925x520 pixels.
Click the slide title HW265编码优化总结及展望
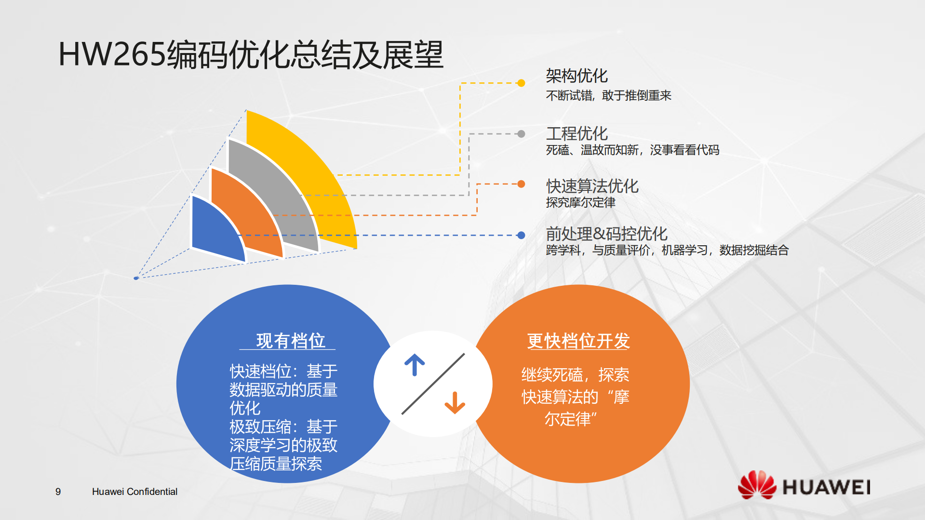pyautogui.click(x=251, y=54)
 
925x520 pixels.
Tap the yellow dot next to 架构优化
pyautogui.click(x=521, y=83)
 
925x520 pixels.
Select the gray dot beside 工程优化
pyautogui.click(x=521, y=134)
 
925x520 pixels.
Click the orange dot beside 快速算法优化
pyautogui.click(x=521, y=184)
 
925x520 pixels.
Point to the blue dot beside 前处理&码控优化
pyautogui.click(x=521, y=235)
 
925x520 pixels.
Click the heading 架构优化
pyautogui.click(x=576, y=76)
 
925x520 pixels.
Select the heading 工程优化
pyautogui.click(x=576, y=133)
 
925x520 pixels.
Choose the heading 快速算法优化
pyautogui.click(x=592, y=186)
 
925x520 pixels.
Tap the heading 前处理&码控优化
pyautogui.click(x=606, y=234)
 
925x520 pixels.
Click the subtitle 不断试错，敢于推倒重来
pyautogui.click(x=608, y=95)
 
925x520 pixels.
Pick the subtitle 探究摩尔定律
pyautogui.click(x=580, y=202)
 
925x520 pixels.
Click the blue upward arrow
pyautogui.click(x=415, y=365)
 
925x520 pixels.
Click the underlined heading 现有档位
pyautogui.click(x=290, y=341)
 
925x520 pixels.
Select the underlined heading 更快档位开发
pyautogui.click(x=578, y=341)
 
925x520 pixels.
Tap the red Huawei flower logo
pyautogui.click(x=757, y=485)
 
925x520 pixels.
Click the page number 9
pyautogui.click(x=58, y=492)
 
